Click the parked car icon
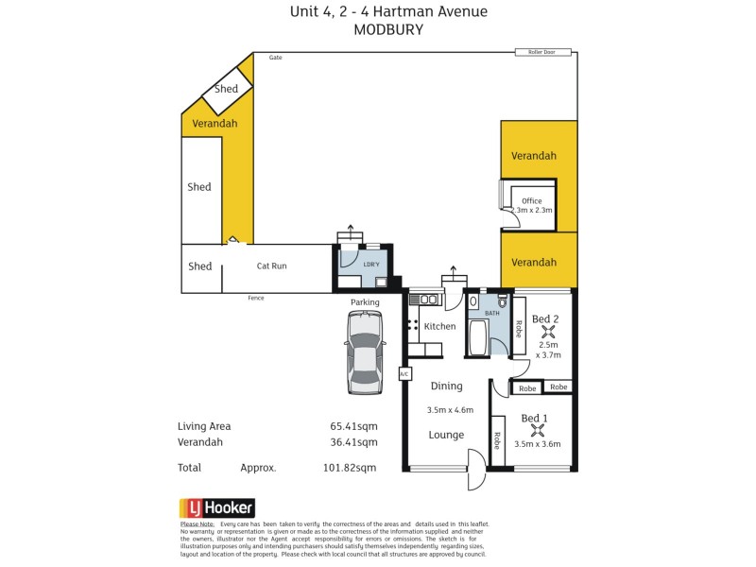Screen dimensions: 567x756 point(365,352)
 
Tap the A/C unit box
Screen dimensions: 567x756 point(404,373)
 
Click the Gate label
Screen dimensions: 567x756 point(275,58)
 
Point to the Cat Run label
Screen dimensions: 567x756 point(271,266)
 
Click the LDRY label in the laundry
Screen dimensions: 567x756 point(371,265)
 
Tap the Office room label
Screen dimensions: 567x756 point(531,200)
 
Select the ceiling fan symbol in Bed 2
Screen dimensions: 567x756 point(544,333)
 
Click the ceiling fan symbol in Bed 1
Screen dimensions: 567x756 point(535,431)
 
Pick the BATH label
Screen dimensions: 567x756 point(491,312)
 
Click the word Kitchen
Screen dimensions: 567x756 point(439,326)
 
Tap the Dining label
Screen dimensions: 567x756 point(446,386)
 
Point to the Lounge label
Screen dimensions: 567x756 point(446,435)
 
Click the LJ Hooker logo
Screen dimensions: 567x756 point(216,507)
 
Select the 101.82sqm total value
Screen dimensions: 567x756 point(350,467)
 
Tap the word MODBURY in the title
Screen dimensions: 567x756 point(387,29)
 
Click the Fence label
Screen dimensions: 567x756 point(256,298)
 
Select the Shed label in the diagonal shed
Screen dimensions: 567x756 point(227,89)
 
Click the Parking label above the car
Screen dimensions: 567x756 point(365,302)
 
